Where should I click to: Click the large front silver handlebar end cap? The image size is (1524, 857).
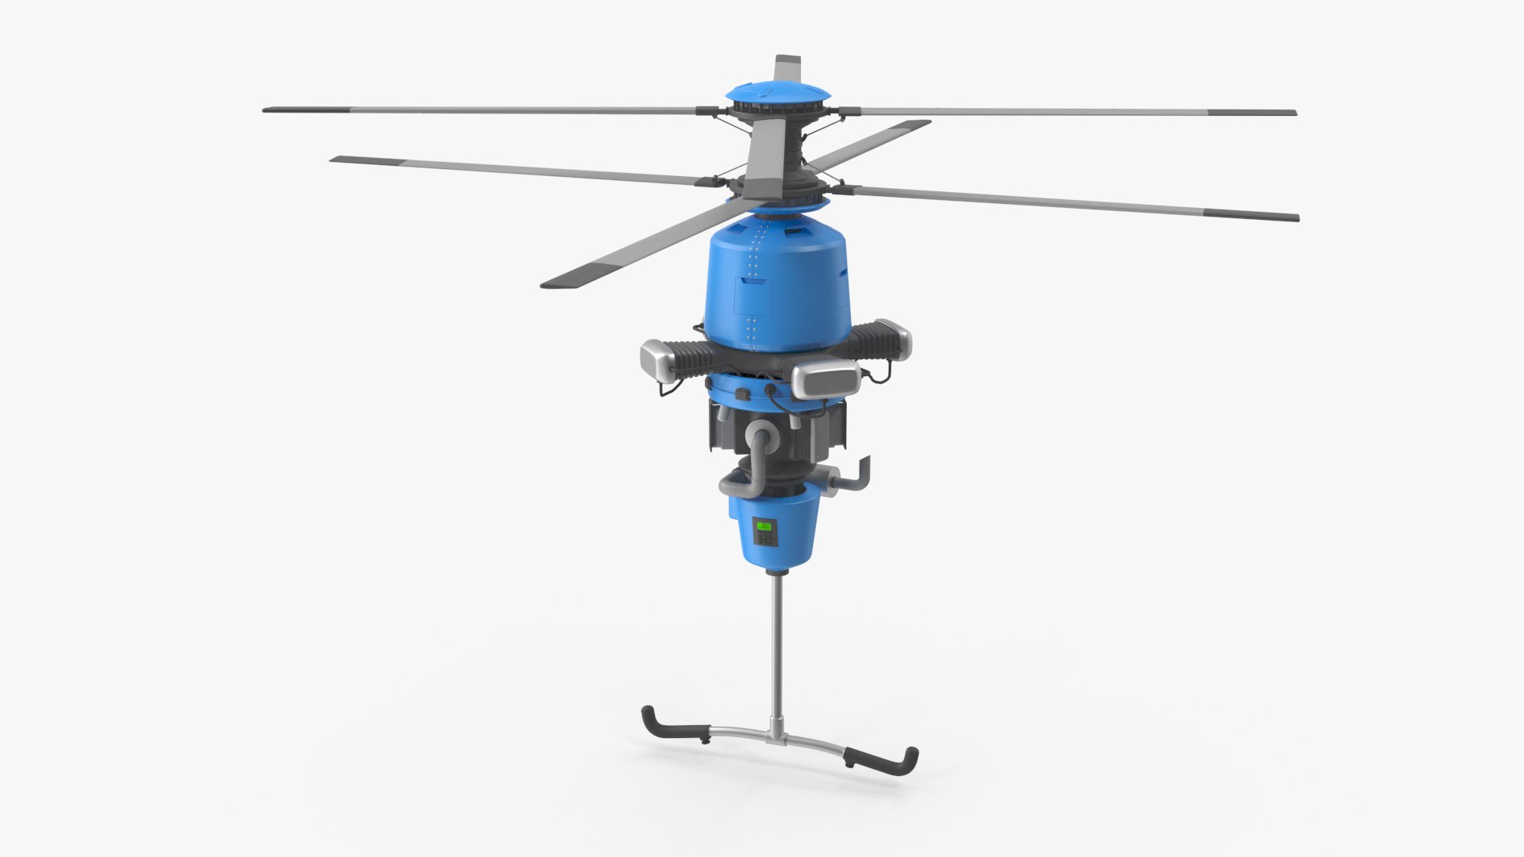[x=825, y=380]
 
